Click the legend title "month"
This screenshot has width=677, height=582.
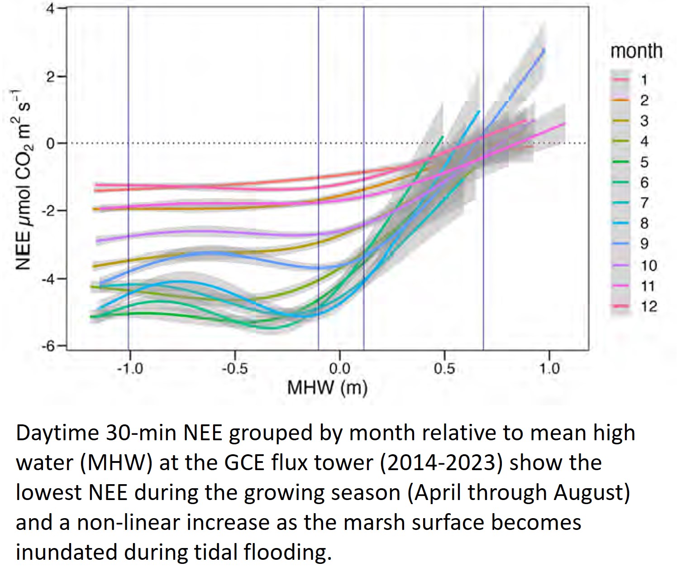pyautogui.click(x=636, y=51)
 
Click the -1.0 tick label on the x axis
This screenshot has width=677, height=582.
pyautogui.click(x=129, y=369)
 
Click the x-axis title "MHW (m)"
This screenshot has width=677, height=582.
pyautogui.click(x=327, y=388)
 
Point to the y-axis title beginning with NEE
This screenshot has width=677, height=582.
pyautogui.click(x=24, y=181)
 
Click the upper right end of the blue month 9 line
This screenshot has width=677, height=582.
pyautogui.click(x=544, y=49)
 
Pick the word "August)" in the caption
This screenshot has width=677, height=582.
pyautogui.click(x=592, y=493)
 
